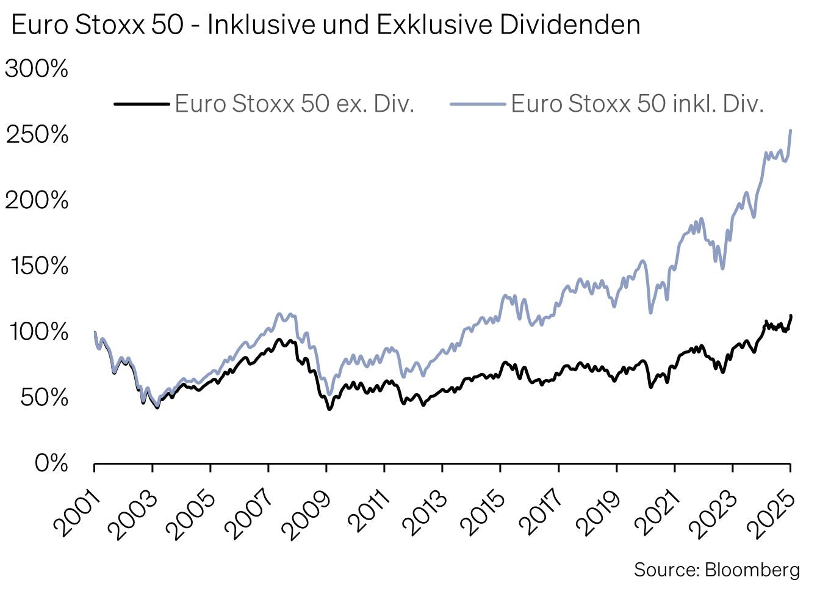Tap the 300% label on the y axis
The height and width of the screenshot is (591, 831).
point(37,69)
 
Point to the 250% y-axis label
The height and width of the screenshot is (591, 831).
point(37,135)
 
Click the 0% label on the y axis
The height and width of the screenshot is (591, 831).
point(51,463)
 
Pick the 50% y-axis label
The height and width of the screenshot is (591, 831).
point(45,397)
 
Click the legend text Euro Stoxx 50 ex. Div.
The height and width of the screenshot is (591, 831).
point(295,104)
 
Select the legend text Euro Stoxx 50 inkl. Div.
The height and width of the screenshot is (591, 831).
point(637,104)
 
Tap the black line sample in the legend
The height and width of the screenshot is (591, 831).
point(142,104)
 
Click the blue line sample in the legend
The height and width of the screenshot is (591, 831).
point(478,104)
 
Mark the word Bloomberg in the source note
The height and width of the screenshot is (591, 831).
point(752,570)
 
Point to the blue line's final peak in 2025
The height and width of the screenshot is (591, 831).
point(791,130)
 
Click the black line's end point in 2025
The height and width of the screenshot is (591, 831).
point(791,316)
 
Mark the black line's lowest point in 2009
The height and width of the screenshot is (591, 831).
point(329,408)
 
